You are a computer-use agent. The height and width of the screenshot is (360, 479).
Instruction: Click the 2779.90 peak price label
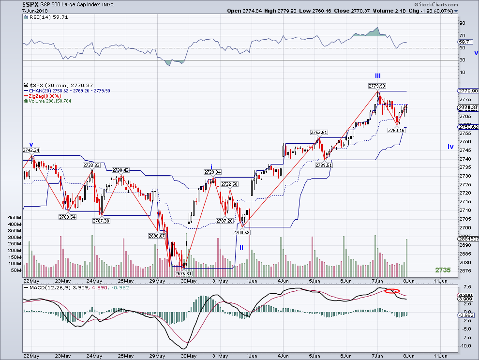[376, 86]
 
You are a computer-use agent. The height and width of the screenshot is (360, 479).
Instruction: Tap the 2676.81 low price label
[183, 273]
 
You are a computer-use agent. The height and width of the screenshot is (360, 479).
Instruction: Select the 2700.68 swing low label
[241, 233]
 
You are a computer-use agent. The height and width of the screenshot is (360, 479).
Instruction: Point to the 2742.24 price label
[31, 150]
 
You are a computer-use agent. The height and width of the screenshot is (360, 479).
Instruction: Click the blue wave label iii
[378, 76]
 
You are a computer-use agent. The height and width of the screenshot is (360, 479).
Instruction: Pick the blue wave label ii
[241, 248]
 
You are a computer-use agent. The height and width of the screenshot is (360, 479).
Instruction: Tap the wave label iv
[450, 147]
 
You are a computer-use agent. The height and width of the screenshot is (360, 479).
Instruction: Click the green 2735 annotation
[443, 270]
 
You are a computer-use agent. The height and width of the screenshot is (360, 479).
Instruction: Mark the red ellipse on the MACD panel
[392, 291]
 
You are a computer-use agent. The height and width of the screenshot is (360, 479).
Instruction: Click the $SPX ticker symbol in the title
[30, 4]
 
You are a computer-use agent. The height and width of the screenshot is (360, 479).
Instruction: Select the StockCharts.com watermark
[436, 4]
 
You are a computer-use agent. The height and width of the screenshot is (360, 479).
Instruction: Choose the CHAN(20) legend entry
[67, 91]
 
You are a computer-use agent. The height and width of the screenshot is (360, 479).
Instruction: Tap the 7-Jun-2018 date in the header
[35, 11]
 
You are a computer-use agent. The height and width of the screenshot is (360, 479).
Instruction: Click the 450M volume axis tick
[15, 218]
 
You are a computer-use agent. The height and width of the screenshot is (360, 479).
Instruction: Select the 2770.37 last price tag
[468, 107]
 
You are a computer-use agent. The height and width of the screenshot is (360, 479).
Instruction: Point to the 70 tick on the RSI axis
[462, 35]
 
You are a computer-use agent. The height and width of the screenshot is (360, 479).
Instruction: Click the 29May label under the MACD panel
[157, 356]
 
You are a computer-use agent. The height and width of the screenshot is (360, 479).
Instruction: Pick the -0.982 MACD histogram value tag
[468, 315]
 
